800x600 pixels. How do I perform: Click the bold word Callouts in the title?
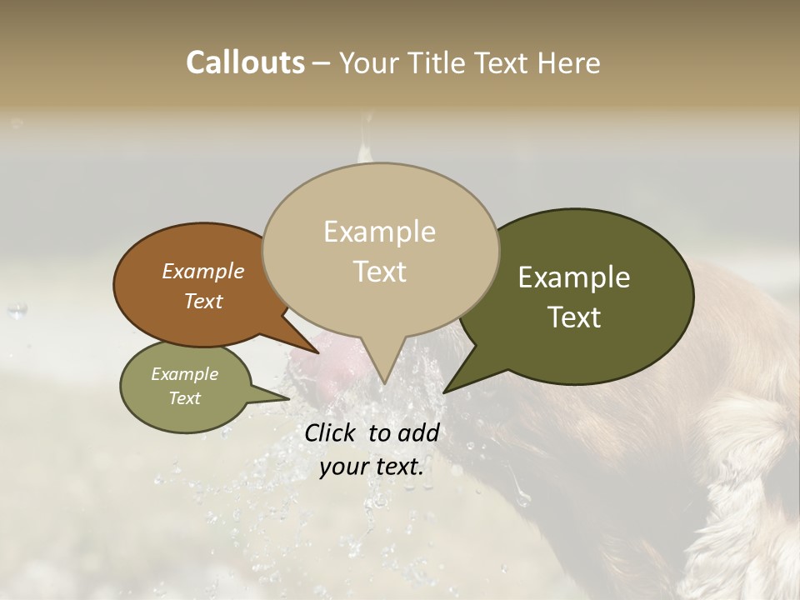[x=245, y=62]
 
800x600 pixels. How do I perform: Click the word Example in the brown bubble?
[x=203, y=271]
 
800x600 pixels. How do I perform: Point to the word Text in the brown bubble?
[x=203, y=301]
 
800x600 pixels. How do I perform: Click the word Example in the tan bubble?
[x=380, y=232]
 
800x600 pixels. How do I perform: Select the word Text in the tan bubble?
[x=380, y=272]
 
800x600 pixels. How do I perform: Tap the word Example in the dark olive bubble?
[x=574, y=277]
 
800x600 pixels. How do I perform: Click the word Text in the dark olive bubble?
[x=574, y=317]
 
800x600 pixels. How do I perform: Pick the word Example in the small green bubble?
[x=185, y=374]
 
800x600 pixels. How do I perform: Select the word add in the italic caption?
[x=418, y=432]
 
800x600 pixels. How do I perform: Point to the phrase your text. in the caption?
[x=372, y=467]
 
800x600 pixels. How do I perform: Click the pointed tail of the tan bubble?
[x=383, y=375]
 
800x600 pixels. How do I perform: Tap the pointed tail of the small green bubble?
[x=279, y=397]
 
